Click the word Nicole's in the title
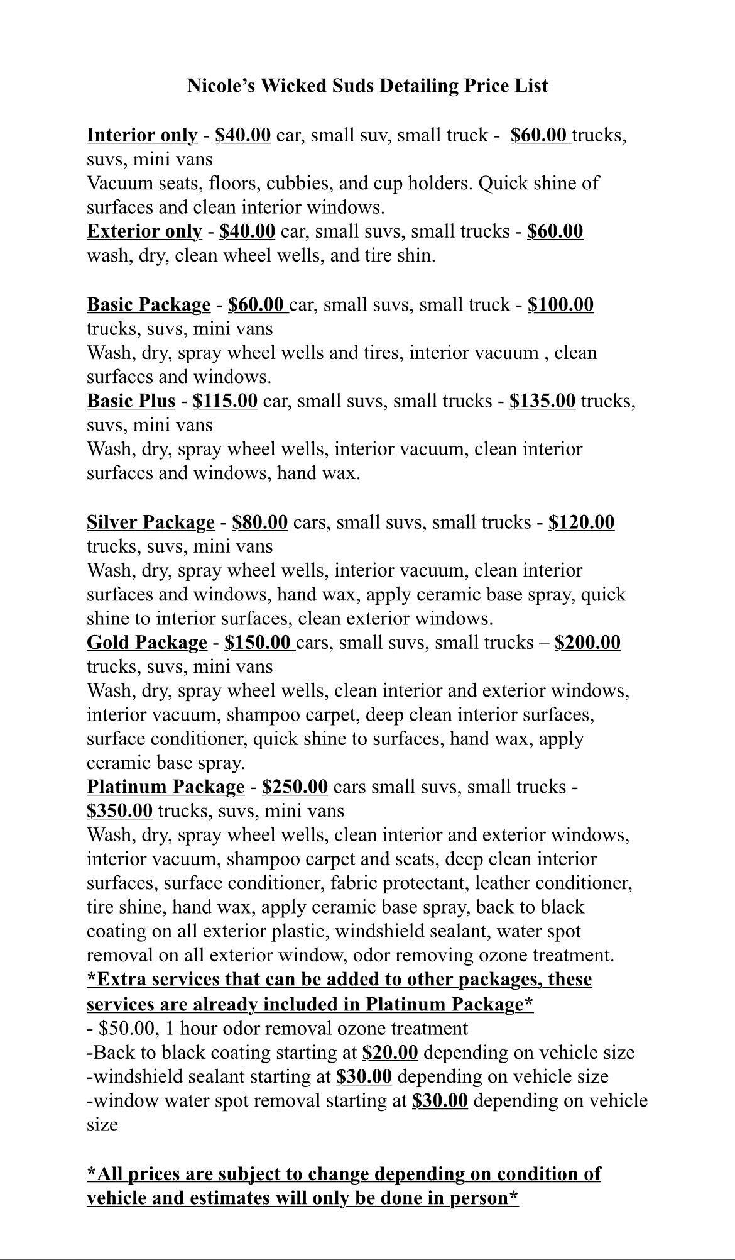pos(220,86)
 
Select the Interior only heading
pos(142,135)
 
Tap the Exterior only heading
pos(144,231)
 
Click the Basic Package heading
pos(148,304)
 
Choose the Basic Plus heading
pos(131,401)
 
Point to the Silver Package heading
pos(151,522)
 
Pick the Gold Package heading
pos(146,642)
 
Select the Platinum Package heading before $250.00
pos(165,787)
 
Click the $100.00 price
pos(560,304)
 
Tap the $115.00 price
pos(225,401)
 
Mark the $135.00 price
pos(542,401)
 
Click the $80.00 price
pos(259,522)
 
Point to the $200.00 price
pos(587,642)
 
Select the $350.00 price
pos(119,810)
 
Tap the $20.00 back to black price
pos(390,1052)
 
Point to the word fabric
pos(352,883)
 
